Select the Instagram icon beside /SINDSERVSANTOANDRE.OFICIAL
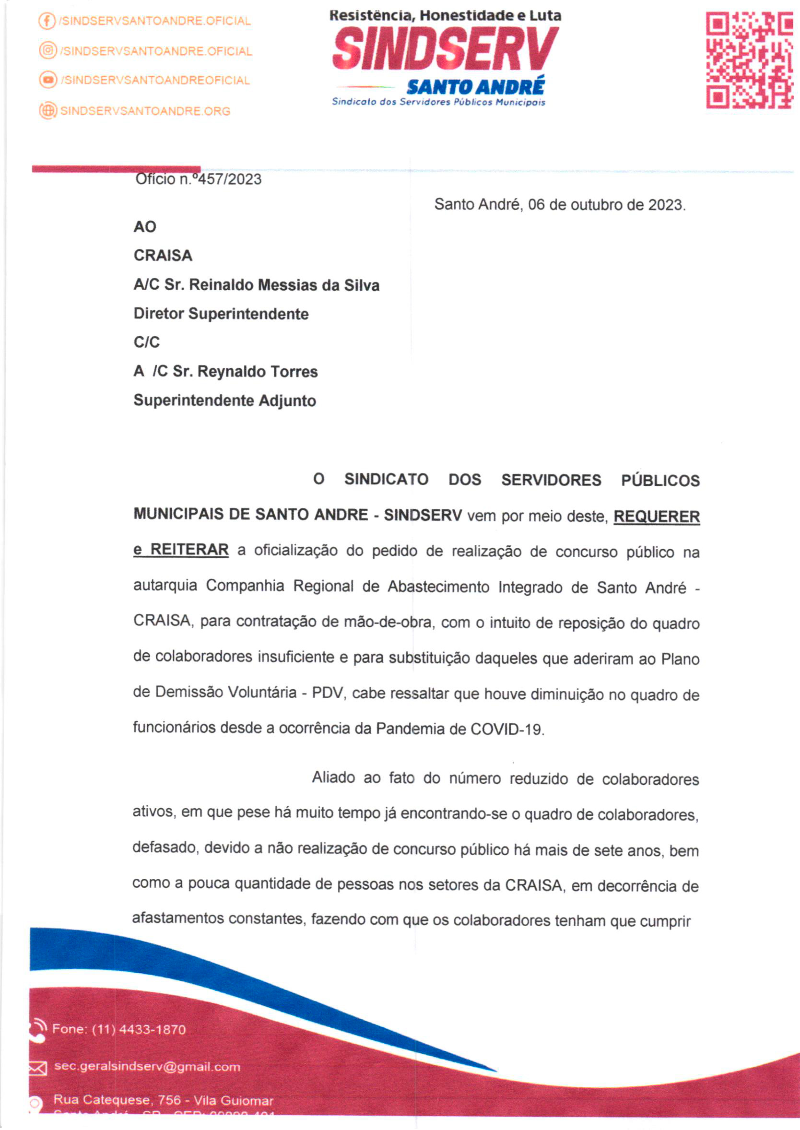[x=48, y=51]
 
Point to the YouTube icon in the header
[x=48, y=80]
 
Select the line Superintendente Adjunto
[x=225, y=400]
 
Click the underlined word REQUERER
[x=656, y=517]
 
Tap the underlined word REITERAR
[x=189, y=550]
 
